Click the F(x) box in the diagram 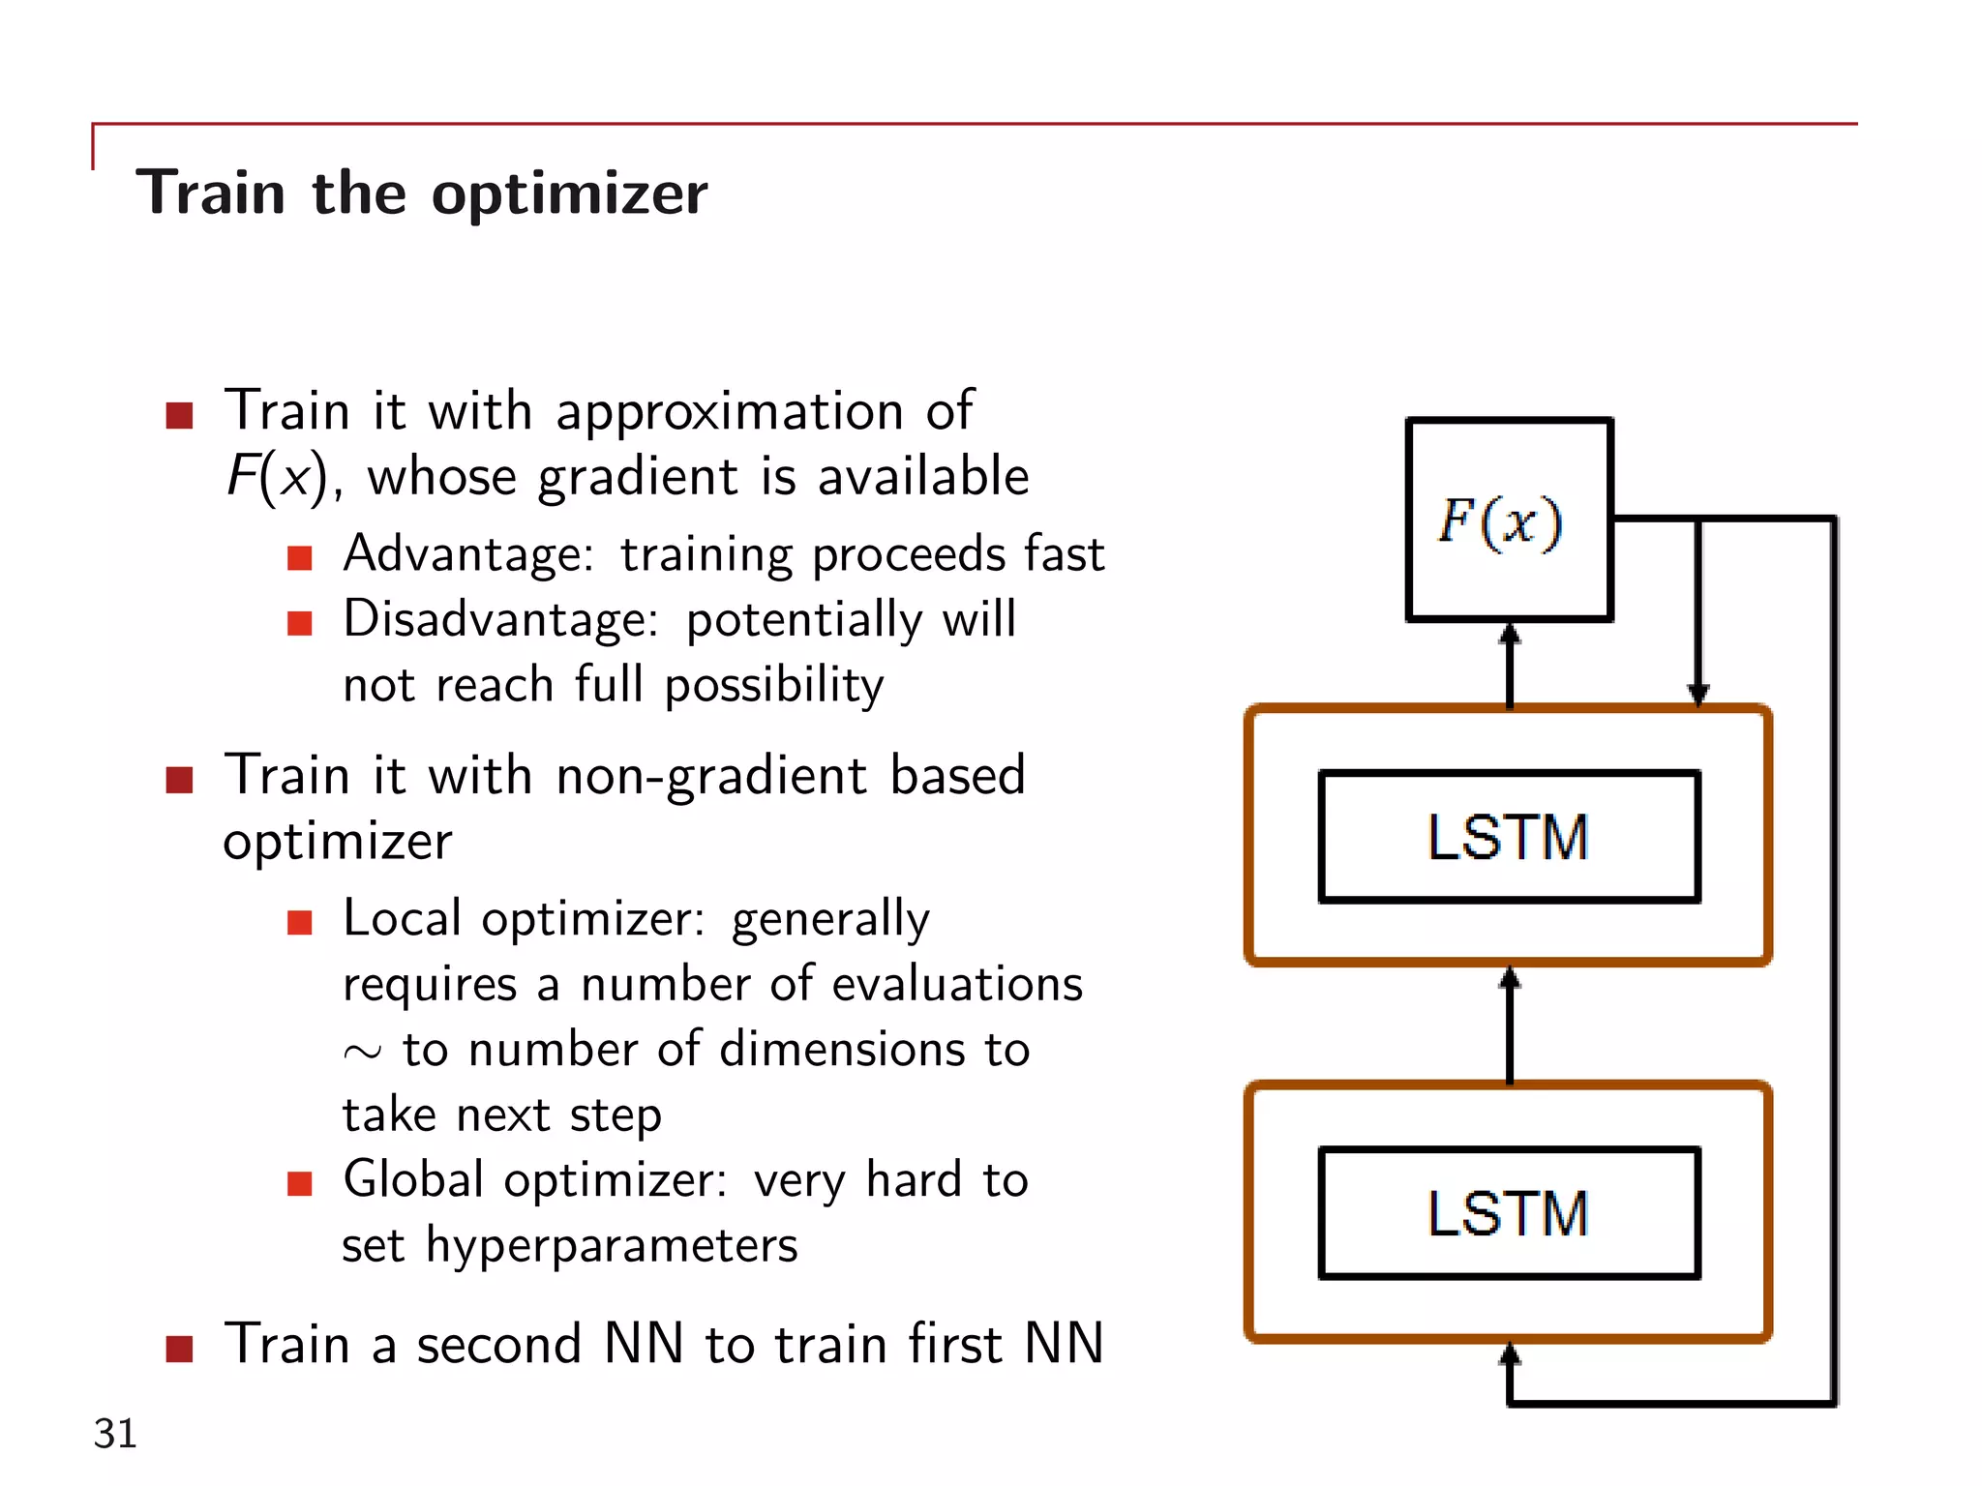[x=1508, y=520]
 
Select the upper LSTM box [x=1508, y=837]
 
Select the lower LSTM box [x=1508, y=1213]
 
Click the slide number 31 [x=115, y=1433]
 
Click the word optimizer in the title [x=569, y=193]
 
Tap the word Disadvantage [x=500, y=619]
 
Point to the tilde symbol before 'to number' [x=362, y=1053]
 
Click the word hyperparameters [x=612, y=1246]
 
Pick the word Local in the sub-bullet [x=402, y=918]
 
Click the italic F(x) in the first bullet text [x=276, y=477]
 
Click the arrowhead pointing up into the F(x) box [x=1510, y=635]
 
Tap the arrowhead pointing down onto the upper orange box [x=1697, y=693]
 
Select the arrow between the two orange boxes [x=1510, y=1025]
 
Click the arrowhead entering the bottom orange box [x=1510, y=1354]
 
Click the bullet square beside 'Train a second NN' [x=179, y=1348]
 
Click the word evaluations [x=956, y=985]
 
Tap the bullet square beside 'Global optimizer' [x=300, y=1183]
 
